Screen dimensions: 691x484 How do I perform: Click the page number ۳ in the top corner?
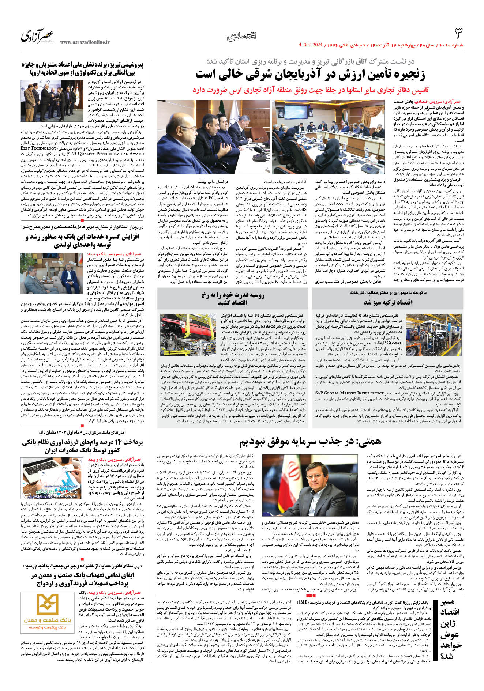pyautogui.click(x=458, y=33)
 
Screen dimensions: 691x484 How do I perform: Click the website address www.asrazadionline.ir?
pyautogui.click(x=85, y=42)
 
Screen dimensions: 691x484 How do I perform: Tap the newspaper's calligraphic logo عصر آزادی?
pyautogui.click(x=37, y=35)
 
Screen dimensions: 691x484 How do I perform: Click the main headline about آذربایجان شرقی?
pyautogui.click(x=310, y=74)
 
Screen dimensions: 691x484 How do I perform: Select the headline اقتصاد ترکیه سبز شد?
pyautogui.click(x=388, y=302)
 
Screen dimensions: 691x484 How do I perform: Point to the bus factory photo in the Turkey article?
pyautogui.click(x=434, y=333)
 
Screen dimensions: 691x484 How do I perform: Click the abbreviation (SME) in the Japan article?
pyautogui.click(x=302, y=601)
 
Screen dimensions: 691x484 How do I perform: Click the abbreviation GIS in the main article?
pyautogui.click(x=303, y=210)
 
